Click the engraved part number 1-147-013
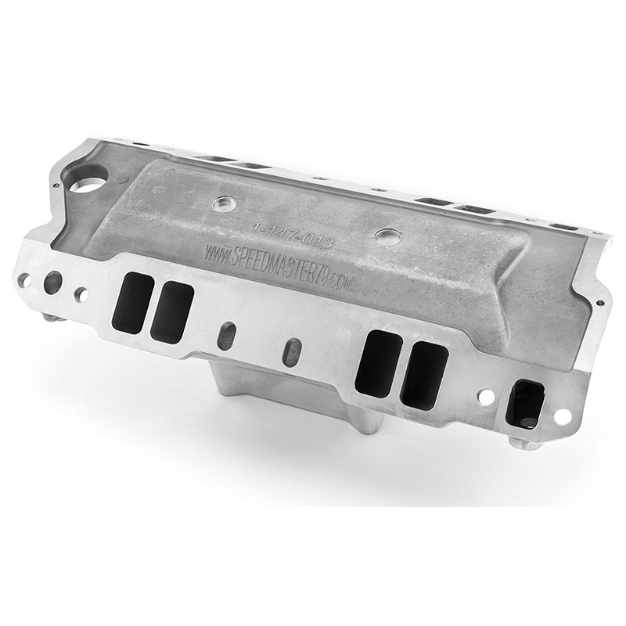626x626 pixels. pyautogui.click(x=292, y=236)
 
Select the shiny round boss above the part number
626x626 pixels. pyautogui.click(x=223, y=204)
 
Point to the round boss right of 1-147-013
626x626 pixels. pyautogui.click(x=387, y=236)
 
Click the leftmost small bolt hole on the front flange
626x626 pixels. pyautogui.click(x=24, y=281)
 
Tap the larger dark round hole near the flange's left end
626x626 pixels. pyautogui.click(x=53, y=282)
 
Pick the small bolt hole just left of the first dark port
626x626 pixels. pyautogui.click(x=81, y=295)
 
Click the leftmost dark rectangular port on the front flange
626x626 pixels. pyautogui.click(x=133, y=302)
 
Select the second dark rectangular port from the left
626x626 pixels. pyautogui.click(x=172, y=311)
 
